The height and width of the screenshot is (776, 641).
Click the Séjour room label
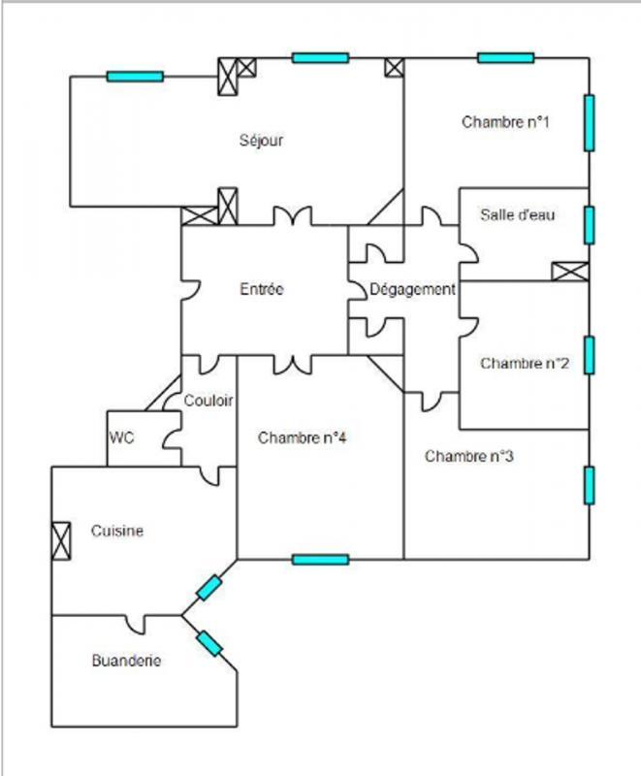pyautogui.click(x=261, y=141)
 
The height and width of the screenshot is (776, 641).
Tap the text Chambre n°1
pyautogui.click(x=505, y=122)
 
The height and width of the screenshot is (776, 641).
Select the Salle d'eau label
pyautogui.click(x=518, y=215)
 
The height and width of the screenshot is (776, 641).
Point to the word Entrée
pyautogui.click(x=261, y=289)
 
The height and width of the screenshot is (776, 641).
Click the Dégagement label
pyautogui.click(x=412, y=289)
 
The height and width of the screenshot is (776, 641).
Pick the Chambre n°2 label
pyautogui.click(x=525, y=364)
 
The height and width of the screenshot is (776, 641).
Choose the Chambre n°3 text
pyautogui.click(x=468, y=456)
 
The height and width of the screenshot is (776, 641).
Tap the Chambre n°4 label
pyautogui.click(x=303, y=437)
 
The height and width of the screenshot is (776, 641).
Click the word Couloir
pyautogui.click(x=208, y=400)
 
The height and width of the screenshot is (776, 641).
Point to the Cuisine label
pyautogui.click(x=117, y=531)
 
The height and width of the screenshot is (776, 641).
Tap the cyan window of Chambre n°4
pyautogui.click(x=320, y=559)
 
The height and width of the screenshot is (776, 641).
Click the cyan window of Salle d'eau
pyautogui.click(x=589, y=224)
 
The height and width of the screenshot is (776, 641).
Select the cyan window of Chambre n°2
pyautogui.click(x=589, y=355)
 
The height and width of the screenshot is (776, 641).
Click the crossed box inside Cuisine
pyautogui.click(x=61, y=540)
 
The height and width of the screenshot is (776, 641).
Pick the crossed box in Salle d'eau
pyautogui.click(x=569, y=272)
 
